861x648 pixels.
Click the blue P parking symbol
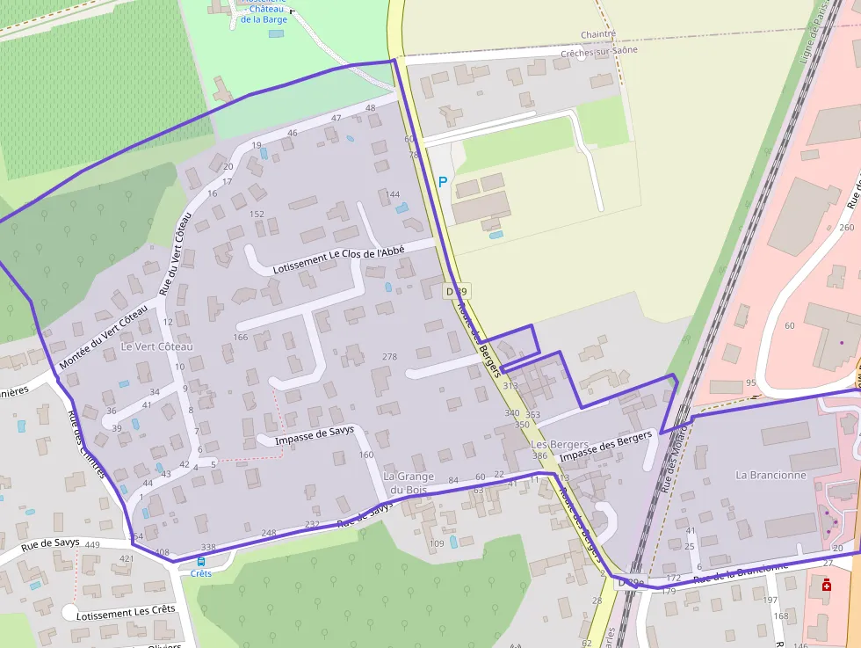[443, 182]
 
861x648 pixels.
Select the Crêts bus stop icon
[201, 561]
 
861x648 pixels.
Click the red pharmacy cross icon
[826, 586]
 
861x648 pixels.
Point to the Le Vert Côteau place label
[156, 346]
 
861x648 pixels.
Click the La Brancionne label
[771, 475]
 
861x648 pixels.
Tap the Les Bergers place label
[560, 445]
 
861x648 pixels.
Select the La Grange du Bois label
[409, 483]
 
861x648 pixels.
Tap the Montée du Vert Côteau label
[103, 339]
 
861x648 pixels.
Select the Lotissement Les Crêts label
[126, 610]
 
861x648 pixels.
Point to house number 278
[390, 356]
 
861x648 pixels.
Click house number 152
[257, 214]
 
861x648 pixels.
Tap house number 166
[241, 337]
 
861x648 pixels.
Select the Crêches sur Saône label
[599, 50]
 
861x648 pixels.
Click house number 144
[393, 194]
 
